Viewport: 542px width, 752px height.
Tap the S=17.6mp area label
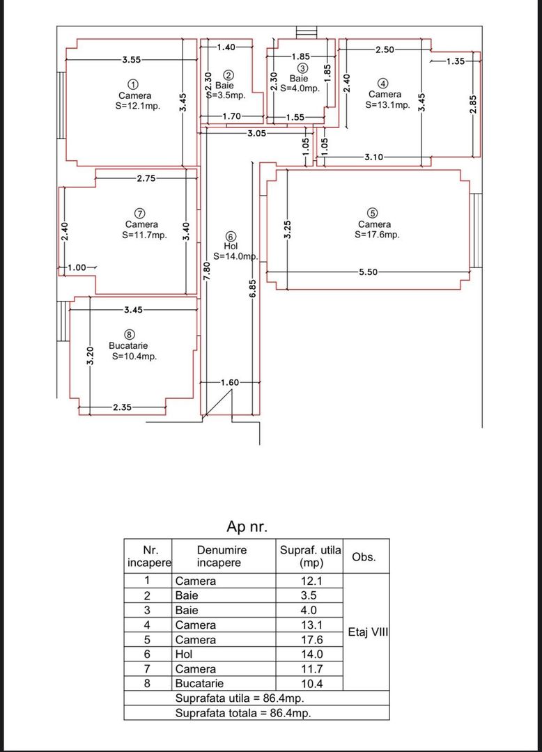coord(377,235)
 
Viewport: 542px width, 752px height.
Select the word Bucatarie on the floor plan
coord(128,345)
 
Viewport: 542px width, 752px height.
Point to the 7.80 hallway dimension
coord(206,271)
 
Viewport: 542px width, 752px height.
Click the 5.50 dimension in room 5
coord(368,272)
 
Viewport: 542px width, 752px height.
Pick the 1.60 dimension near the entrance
coord(230,382)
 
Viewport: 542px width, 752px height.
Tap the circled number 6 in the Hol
coord(231,237)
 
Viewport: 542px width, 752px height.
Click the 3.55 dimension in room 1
coord(132,59)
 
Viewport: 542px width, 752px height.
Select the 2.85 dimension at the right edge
coord(473,104)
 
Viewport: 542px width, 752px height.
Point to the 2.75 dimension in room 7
coord(146,178)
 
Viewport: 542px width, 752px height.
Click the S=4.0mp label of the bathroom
coord(300,88)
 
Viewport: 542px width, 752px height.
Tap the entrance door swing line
coord(217,403)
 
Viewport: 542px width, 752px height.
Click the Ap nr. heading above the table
coord(247,526)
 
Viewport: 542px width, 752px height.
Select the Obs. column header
coord(364,557)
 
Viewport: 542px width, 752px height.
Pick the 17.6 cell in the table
coord(312,640)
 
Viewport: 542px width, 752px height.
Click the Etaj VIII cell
coord(367,632)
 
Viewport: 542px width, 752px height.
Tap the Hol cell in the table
coord(184,654)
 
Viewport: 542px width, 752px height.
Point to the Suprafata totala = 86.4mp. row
coord(242,713)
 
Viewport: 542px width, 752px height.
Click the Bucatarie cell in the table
coord(199,684)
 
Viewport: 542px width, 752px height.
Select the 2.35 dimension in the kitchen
coord(123,407)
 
